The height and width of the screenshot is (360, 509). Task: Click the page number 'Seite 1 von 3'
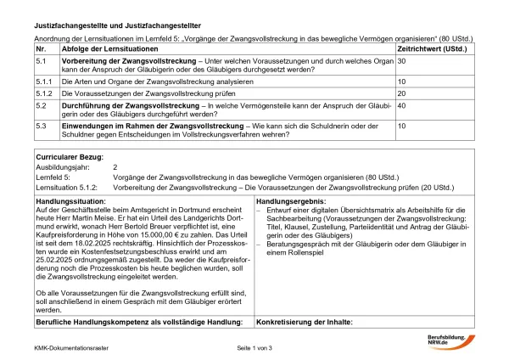click(255, 348)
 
